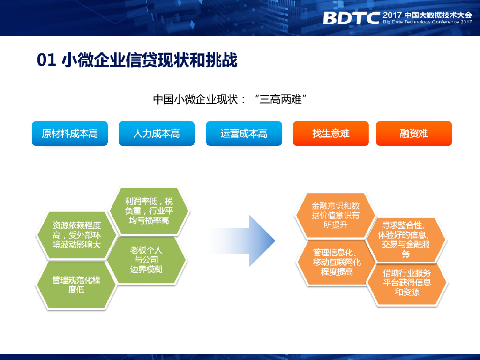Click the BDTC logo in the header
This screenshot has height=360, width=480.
(x=351, y=18)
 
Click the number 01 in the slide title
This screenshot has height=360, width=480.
(x=46, y=60)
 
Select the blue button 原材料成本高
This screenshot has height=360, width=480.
(x=70, y=134)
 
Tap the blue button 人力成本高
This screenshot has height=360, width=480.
(x=157, y=134)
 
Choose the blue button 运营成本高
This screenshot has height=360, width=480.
(x=244, y=134)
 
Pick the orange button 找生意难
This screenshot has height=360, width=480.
(x=331, y=134)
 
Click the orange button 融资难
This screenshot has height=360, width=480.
(x=414, y=134)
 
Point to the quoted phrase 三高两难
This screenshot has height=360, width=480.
(x=280, y=99)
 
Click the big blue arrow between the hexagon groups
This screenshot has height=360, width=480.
(x=242, y=241)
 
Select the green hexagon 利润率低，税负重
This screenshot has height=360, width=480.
(x=149, y=211)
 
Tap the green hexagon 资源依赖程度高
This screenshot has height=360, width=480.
(x=76, y=235)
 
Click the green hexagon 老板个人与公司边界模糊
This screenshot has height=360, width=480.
(x=146, y=260)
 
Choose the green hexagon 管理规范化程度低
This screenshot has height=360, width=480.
(x=76, y=285)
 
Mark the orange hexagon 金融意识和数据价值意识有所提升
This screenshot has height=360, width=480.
(x=335, y=216)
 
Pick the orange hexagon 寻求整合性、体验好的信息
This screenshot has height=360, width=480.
(x=406, y=240)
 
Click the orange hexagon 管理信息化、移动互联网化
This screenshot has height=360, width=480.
(x=337, y=262)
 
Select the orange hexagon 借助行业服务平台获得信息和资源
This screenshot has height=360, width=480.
(x=407, y=283)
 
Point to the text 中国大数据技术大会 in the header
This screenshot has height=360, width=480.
(x=438, y=15)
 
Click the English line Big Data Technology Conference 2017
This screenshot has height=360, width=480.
(x=427, y=22)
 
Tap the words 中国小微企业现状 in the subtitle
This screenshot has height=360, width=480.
(x=195, y=99)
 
